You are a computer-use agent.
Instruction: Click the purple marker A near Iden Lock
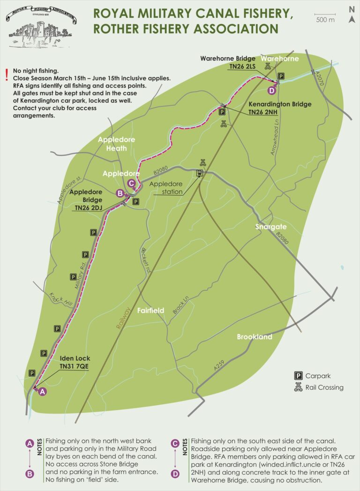(42, 392)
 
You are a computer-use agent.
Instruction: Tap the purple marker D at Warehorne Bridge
(271, 91)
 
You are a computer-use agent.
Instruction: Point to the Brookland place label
(255, 337)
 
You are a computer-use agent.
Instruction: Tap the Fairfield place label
(150, 310)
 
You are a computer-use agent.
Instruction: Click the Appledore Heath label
(116, 144)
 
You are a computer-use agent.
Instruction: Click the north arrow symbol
(352, 19)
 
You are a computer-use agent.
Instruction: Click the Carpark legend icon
(298, 375)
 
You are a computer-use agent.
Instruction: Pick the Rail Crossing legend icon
(298, 387)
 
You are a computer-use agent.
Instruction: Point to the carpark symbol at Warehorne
(281, 76)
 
